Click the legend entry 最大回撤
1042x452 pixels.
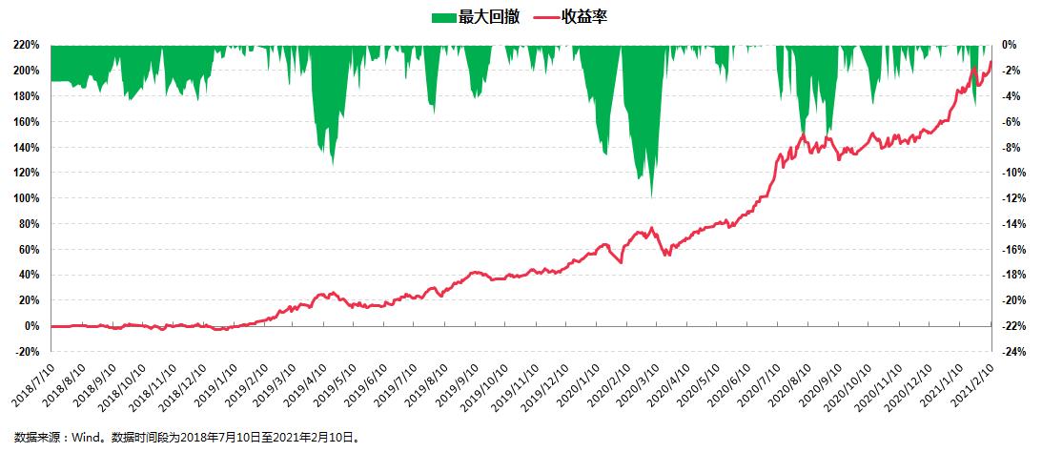pos(489,17)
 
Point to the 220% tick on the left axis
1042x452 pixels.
pos(27,45)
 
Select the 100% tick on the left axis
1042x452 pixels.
pos(27,198)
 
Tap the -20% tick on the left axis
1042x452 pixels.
pos(27,351)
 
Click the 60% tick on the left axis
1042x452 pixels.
pos(30,249)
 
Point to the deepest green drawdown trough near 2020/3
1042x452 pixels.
pos(651,196)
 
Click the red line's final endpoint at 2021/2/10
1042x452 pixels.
pos(991,62)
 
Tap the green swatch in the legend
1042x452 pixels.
pos(443,17)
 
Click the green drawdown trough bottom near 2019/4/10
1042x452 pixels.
pos(333,165)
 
